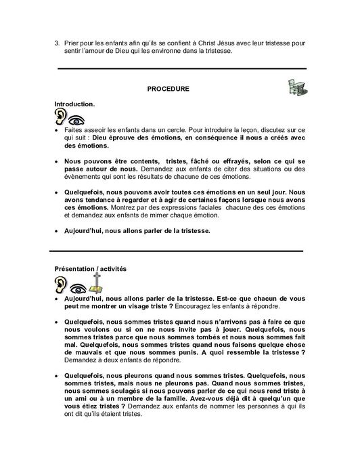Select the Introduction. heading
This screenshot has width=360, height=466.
click(74, 104)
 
